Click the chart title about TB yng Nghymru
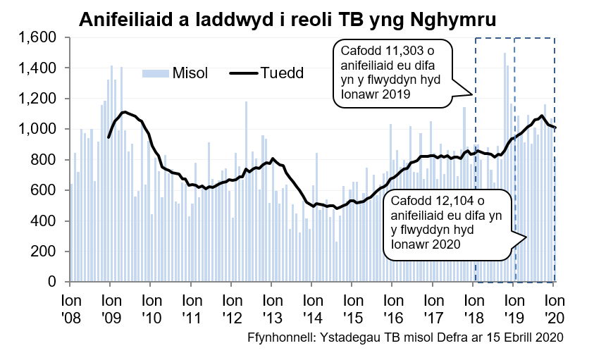pos(287,19)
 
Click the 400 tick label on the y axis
pos(51,221)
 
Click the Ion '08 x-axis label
pos(70,307)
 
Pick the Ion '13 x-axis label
pos(272,307)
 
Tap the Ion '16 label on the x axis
pos(392,307)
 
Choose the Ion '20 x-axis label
pos(554,307)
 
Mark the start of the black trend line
pos(108,137)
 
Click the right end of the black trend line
pos(555,128)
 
